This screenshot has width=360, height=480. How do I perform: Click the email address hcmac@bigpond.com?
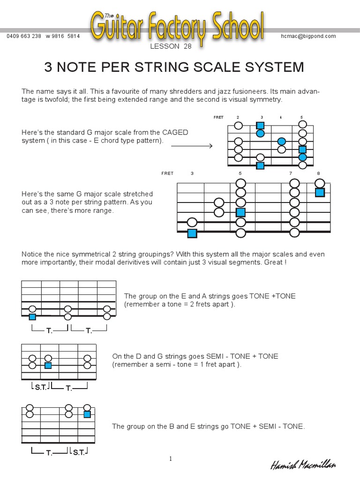tap(308, 36)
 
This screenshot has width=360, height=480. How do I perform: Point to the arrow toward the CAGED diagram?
tap(192, 146)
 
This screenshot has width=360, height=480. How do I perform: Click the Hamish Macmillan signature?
tap(303, 465)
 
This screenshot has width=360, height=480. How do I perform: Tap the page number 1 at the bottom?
tap(171, 459)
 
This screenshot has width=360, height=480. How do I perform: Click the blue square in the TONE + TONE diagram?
tap(32, 317)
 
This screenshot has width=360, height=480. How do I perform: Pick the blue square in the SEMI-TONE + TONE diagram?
tap(48, 365)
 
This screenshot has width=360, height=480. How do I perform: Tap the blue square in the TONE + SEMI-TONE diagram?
tap(87, 414)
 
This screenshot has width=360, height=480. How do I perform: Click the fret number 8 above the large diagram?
tap(318, 173)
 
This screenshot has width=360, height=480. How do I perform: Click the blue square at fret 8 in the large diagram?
tap(320, 192)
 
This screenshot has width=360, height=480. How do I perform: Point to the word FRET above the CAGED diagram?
tap(218, 117)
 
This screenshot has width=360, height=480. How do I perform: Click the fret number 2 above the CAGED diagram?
tap(238, 117)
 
